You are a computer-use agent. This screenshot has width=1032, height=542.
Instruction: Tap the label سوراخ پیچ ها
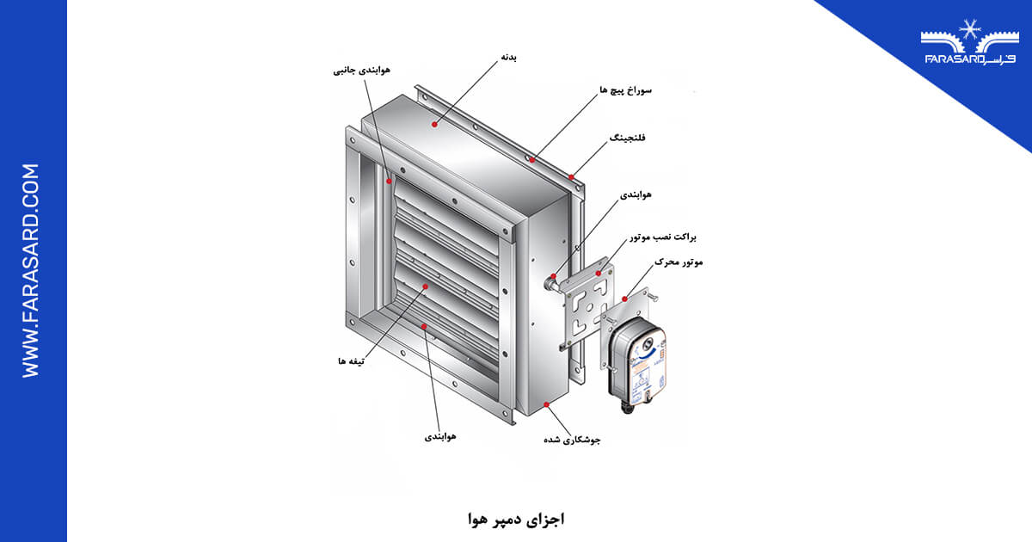[625, 89]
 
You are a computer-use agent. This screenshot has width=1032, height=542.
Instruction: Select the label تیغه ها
[353, 361]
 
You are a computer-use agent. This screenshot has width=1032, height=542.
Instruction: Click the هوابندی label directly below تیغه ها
[440, 436]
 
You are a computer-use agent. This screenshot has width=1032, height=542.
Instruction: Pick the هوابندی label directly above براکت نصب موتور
[636, 194]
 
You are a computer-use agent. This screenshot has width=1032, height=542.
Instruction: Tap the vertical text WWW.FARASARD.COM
[31, 270]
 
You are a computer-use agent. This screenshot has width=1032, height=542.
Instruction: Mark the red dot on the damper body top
[435, 125]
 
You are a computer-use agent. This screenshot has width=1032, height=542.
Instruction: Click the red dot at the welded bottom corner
[547, 402]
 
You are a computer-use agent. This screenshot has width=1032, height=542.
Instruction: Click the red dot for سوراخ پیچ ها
[532, 159]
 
